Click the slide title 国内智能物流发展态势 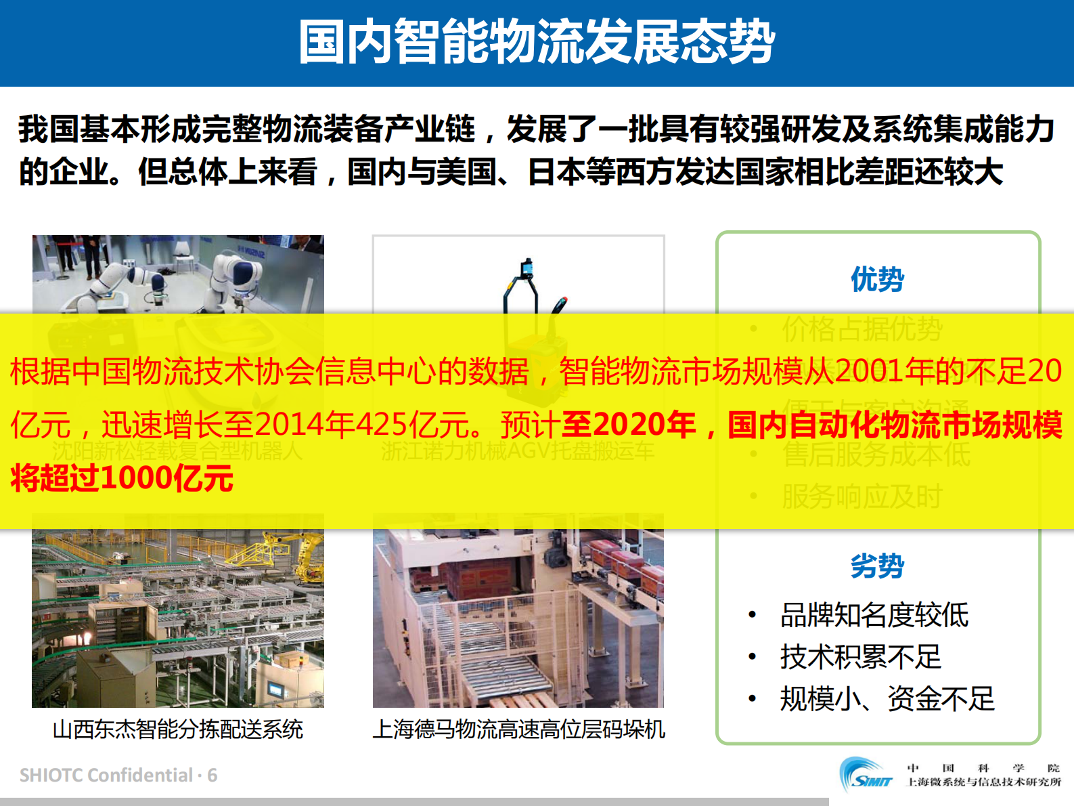pyautogui.click(x=537, y=42)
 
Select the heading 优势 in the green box pyautogui.click(x=877, y=279)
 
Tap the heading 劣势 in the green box pyautogui.click(x=877, y=566)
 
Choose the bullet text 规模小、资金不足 pyautogui.click(x=887, y=699)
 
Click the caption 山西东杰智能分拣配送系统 pyautogui.click(x=178, y=729)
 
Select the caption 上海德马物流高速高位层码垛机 pyautogui.click(x=519, y=729)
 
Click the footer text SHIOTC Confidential pyautogui.click(x=106, y=776)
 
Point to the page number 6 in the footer pyautogui.click(x=212, y=776)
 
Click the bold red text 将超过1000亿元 pyautogui.click(x=122, y=478)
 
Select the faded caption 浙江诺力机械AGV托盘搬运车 pyautogui.click(x=518, y=451)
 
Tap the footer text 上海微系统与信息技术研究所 pyautogui.click(x=984, y=782)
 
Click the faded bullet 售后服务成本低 pyautogui.click(x=876, y=454)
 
